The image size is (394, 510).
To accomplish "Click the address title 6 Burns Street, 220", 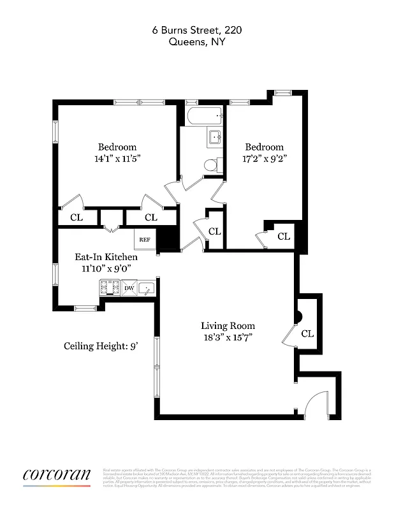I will [x=196, y=29].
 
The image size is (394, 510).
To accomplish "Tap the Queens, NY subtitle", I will [x=196, y=42].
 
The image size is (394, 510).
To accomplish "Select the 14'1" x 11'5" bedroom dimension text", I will [x=117, y=159].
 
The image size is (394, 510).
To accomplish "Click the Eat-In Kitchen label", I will [x=106, y=257].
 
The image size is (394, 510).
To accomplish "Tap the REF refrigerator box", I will [x=145, y=240].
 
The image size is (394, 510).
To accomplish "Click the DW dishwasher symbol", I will [x=129, y=288].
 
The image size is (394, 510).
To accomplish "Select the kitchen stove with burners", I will [x=110, y=288].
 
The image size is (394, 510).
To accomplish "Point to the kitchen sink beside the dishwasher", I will [x=147, y=289].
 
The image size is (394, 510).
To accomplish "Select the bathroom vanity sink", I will [x=215, y=138].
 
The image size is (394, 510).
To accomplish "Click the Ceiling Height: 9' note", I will [x=101, y=346].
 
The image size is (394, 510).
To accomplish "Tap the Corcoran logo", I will [x=56, y=476].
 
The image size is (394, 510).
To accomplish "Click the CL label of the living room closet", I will [x=307, y=333].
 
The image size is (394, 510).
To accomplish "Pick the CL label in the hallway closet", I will [x=214, y=231].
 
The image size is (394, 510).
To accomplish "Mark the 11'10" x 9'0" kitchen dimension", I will [x=106, y=268].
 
